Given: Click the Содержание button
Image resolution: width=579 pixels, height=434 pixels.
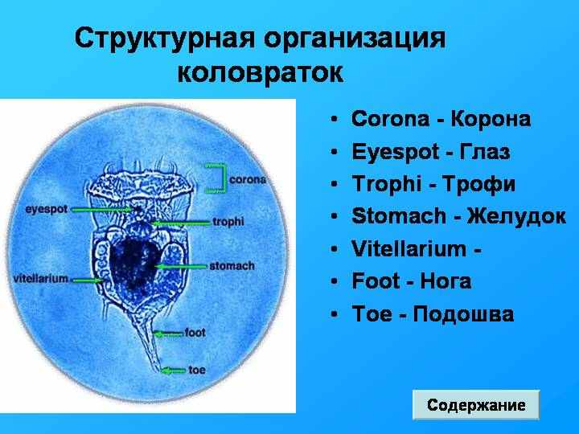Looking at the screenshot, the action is click(476, 405).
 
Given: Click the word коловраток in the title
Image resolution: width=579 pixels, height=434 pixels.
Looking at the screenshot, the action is click(261, 72).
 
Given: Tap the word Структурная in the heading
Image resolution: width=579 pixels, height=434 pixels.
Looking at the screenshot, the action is click(165, 38).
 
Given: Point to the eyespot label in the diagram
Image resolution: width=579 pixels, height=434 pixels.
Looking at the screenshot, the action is click(47, 209).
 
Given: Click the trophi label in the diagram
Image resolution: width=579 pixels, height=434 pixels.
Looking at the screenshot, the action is click(228, 222).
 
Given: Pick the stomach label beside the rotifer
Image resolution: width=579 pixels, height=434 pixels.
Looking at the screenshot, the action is click(232, 266).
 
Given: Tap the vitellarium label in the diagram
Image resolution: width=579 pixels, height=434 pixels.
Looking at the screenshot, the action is click(41, 278).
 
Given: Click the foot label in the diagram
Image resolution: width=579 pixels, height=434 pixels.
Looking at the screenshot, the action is click(195, 333).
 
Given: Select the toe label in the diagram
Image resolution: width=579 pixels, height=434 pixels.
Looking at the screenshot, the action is click(197, 370).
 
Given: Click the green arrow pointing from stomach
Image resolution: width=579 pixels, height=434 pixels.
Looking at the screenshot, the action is click(181, 267).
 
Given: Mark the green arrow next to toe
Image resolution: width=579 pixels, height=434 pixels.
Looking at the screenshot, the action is click(174, 371).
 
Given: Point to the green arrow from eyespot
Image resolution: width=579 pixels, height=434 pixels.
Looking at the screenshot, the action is click(101, 210).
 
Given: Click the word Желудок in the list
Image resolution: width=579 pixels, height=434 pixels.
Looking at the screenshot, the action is click(516, 216).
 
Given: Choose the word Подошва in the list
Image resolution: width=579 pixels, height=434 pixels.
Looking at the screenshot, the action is click(463, 314).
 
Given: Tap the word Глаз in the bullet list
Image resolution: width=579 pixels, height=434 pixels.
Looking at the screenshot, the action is click(484, 152).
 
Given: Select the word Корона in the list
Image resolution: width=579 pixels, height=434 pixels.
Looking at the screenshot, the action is click(491, 119).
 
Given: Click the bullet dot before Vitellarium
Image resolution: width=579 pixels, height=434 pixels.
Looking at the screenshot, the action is click(335, 249).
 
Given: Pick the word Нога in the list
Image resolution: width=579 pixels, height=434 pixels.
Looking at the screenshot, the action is click(446, 281).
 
